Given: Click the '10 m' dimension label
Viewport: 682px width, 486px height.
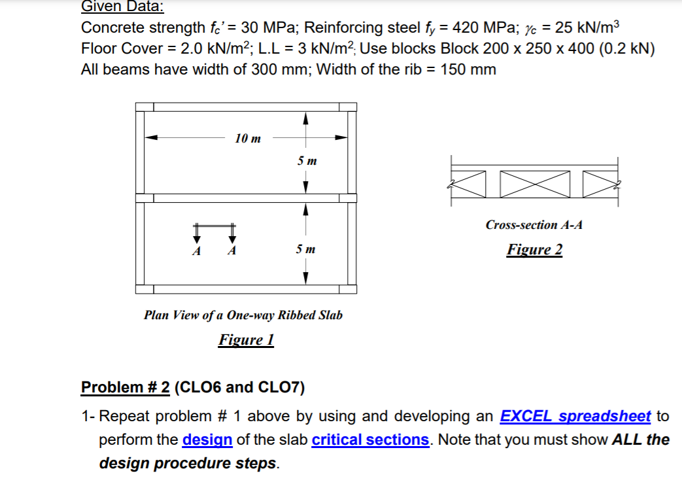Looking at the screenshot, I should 248,138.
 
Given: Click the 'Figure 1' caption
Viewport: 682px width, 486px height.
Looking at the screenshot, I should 246,340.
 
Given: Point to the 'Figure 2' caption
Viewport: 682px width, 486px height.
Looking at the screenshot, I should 534,250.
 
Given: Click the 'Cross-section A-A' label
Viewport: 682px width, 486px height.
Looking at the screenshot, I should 534,225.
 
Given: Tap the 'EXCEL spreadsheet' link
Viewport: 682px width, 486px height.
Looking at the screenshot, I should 575,416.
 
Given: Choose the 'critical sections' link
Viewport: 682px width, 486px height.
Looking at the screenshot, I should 370,440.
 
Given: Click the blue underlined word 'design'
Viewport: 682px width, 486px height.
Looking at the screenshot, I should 207,440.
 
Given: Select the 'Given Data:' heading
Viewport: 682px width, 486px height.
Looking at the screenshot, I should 123,7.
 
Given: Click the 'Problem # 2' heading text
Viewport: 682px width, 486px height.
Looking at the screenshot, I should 125,387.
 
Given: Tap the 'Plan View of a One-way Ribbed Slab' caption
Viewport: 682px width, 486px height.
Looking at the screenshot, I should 243,315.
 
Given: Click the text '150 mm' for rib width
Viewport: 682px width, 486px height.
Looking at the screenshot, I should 468,69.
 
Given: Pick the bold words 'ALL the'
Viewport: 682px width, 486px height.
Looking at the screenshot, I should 640,440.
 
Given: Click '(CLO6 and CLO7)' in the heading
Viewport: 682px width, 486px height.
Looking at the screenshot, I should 240,387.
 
